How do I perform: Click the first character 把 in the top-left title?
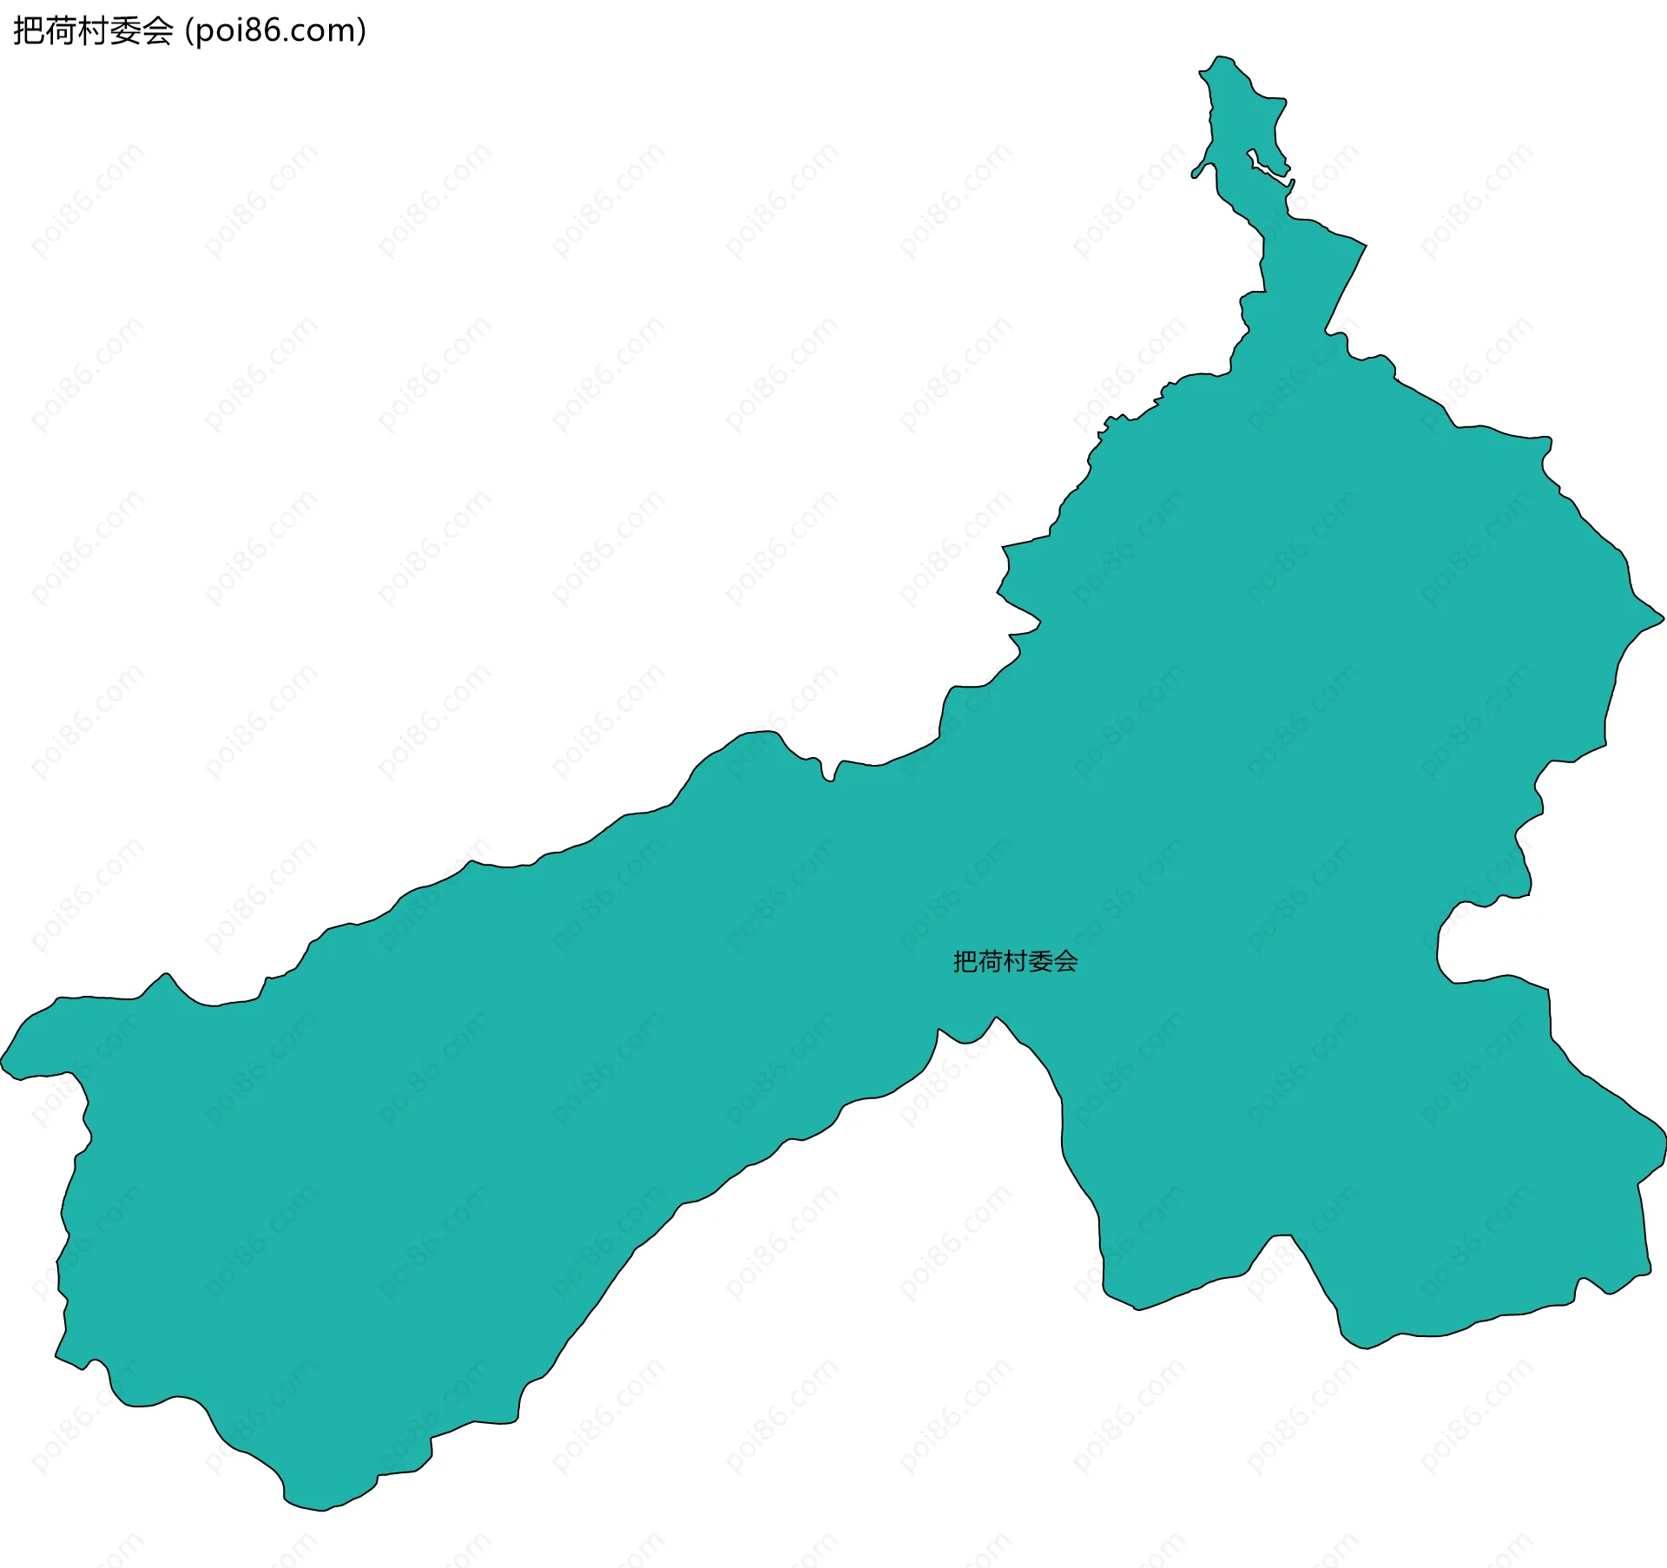tap(27, 31)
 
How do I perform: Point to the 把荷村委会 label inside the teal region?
tap(1015, 961)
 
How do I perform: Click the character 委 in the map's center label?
tap(1041, 961)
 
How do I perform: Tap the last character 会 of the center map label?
tap(1066, 961)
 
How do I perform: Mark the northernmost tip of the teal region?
tap(1219, 57)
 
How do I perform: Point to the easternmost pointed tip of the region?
tap(1662, 618)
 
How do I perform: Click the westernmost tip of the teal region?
tap(3, 1061)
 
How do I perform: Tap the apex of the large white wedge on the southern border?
tap(996, 1018)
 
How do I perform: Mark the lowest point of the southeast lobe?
tap(1367, 1347)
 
